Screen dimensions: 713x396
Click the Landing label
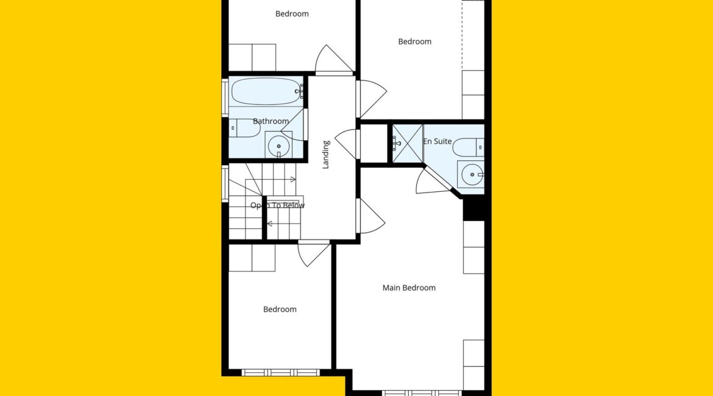click(326, 155)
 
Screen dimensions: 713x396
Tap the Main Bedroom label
click(409, 288)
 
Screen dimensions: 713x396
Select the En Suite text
click(438, 141)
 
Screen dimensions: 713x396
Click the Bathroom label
click(271, 121)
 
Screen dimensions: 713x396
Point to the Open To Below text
click(277, 205)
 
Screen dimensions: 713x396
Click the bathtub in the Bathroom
click(266, 91)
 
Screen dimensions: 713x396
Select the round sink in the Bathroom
click(278, 146)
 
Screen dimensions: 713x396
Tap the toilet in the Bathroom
click(244, 128)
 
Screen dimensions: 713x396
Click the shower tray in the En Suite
click(408, 143)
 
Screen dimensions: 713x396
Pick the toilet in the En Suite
click(469, 147)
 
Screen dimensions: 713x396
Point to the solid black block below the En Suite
click(474, 208)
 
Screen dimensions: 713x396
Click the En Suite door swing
click(430, 181)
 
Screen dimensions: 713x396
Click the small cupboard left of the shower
click(374, 143)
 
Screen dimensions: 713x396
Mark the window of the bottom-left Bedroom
click(280, 373)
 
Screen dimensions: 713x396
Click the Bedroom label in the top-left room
click(292, 13)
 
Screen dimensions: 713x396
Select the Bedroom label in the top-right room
click(415, 41)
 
